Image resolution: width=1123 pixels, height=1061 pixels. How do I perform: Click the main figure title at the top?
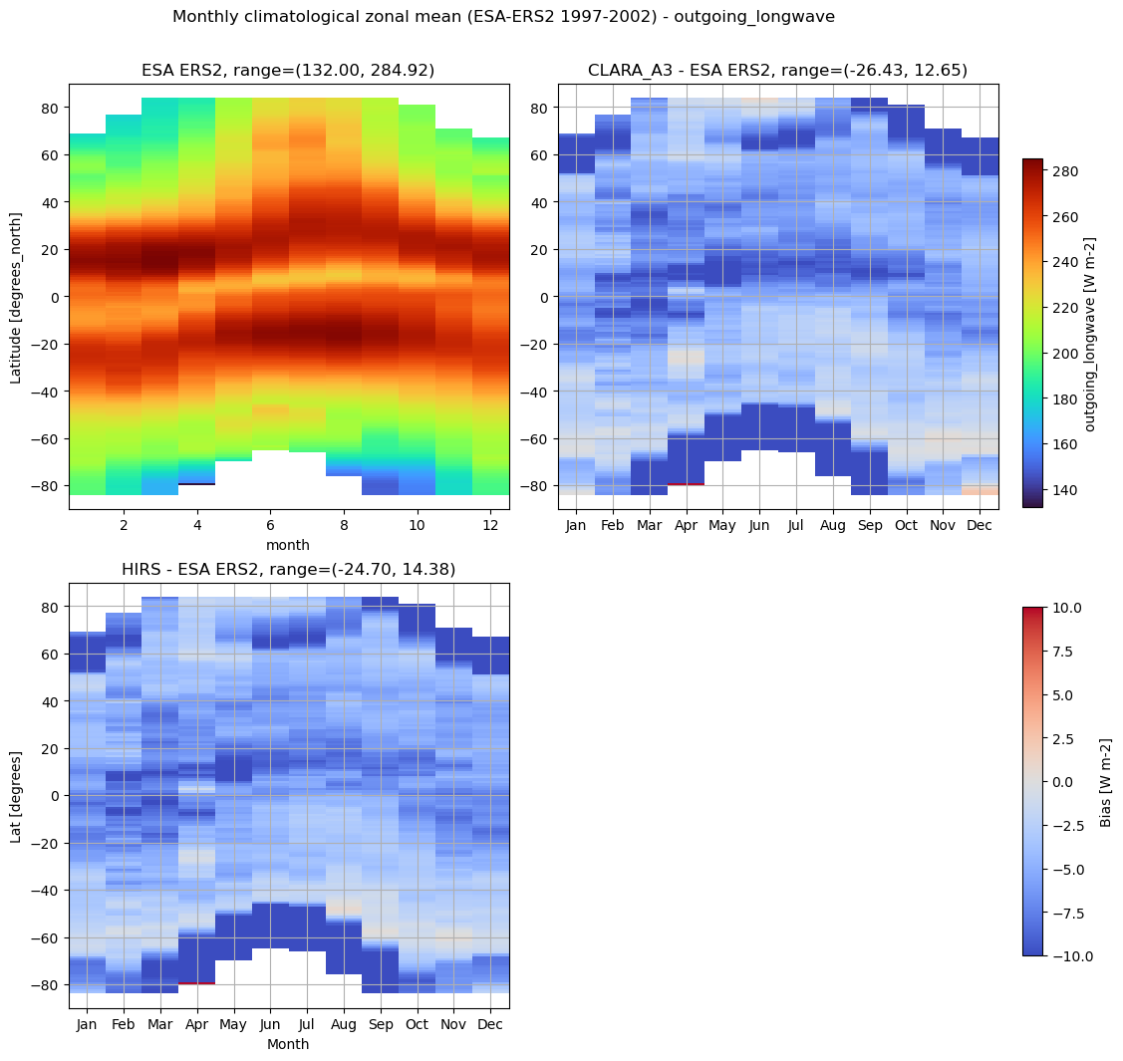click(503, 17)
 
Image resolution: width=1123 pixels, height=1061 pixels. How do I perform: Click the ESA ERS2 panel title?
click(289, 70)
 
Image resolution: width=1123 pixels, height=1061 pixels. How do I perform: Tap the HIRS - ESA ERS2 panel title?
click(289, 569)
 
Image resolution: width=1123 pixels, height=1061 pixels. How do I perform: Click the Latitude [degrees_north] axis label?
click(17, 297)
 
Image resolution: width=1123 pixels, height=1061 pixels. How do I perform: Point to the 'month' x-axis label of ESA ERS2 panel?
click(289, 545)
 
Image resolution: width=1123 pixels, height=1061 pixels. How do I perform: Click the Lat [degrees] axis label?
click(17, 796)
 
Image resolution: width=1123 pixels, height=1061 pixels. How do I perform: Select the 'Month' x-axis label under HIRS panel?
click(289, 1044)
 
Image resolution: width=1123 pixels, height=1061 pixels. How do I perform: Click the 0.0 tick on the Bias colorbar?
click(1063, 782)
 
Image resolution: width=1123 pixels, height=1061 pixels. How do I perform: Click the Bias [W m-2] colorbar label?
click(1104, 782)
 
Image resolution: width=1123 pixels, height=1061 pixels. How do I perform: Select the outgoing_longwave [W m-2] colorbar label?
click(1090, 334)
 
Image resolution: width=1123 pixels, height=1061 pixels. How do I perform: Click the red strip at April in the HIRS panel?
click(197, 983)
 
